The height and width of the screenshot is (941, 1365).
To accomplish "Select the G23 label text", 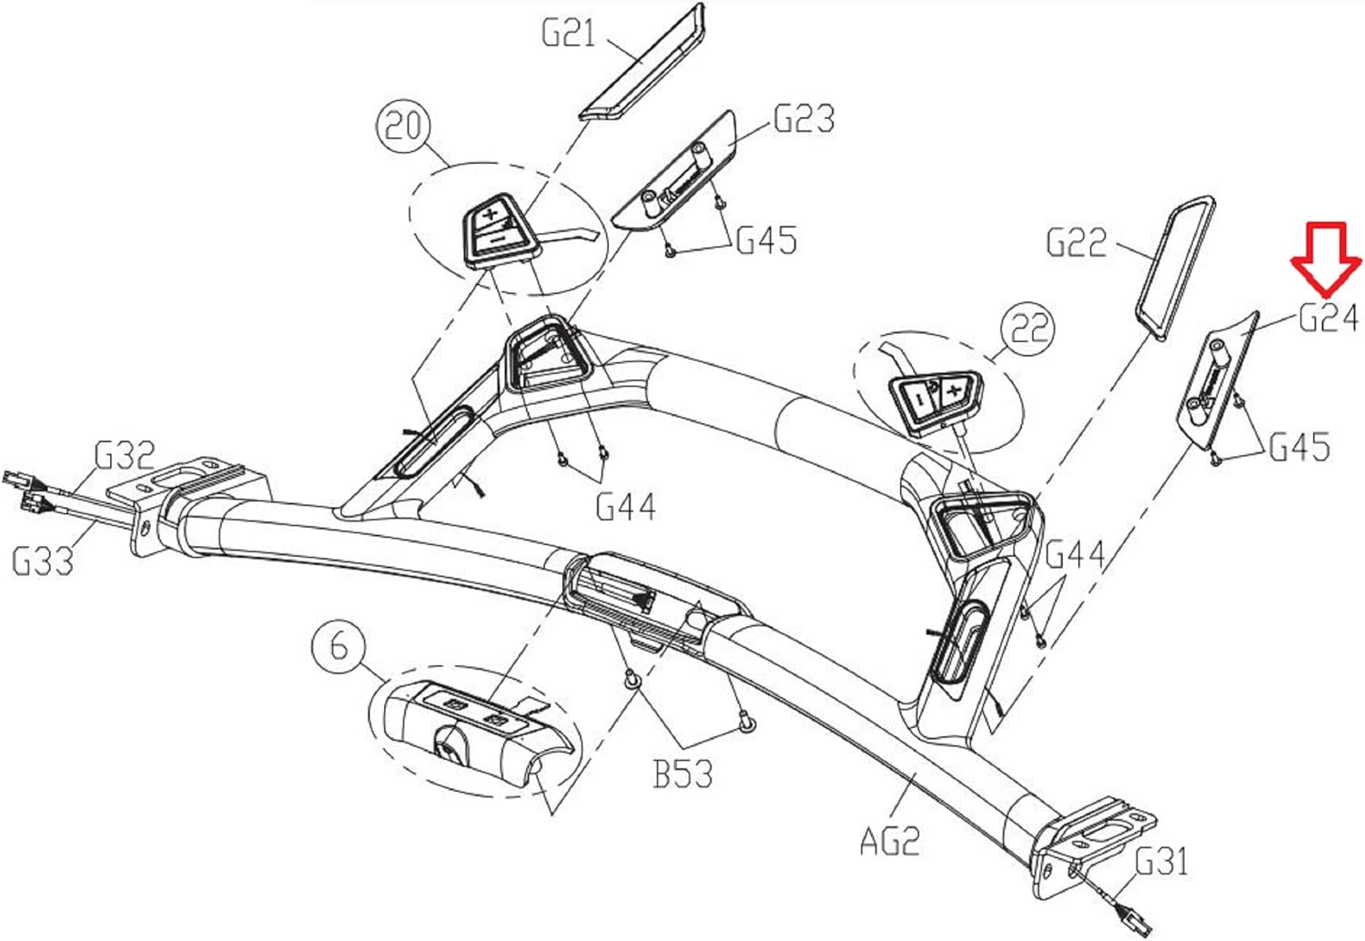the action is coord(804,118).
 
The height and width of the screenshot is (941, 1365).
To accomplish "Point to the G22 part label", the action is coord(1077,242).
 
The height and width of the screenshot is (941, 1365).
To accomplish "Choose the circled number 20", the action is coord(403,126).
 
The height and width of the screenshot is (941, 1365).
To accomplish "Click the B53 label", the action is coord(682,774).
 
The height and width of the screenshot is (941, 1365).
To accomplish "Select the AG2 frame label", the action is coord(890,841).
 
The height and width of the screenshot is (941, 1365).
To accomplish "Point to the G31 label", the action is coord(1161,862).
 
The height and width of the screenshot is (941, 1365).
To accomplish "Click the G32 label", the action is coord(125,455).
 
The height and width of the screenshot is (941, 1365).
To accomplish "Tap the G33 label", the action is coord(43,561).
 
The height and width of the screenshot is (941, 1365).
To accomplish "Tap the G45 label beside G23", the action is coord(766,239).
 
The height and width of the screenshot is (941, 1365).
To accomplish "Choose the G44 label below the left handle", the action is coord(626,507).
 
